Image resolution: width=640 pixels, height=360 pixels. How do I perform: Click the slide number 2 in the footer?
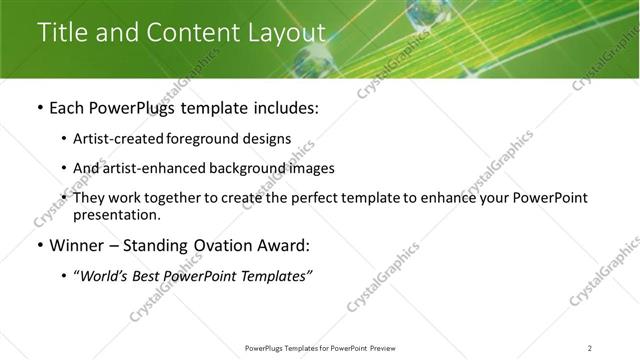[590, 348]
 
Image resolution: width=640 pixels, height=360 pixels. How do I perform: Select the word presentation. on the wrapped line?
[116, 214]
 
